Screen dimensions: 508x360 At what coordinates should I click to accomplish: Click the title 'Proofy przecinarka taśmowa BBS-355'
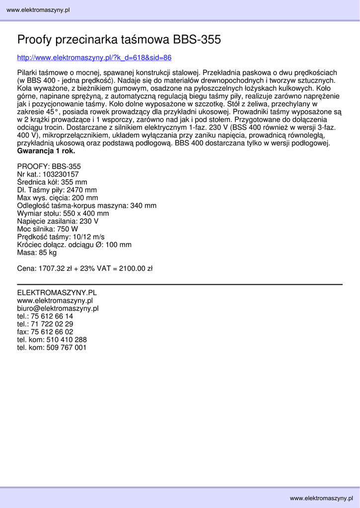[119, 40]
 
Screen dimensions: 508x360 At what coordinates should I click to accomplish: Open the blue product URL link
[94, 58]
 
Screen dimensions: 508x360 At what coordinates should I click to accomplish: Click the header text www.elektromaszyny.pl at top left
[38, 10]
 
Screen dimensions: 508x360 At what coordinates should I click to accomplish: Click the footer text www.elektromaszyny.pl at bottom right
[322, 498]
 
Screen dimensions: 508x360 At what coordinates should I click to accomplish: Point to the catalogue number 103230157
[61, 174]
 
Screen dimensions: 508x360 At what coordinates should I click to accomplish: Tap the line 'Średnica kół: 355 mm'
[52, 182]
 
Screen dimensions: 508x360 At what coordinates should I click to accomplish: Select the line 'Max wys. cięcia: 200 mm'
[58, 198]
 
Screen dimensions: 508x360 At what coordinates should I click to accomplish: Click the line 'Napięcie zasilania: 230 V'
[58, 221]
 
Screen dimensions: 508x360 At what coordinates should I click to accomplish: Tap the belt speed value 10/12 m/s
[88, 237]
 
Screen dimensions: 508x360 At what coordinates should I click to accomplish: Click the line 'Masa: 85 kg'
[37, 253]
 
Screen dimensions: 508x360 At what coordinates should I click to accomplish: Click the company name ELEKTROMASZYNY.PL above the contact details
[57, 293]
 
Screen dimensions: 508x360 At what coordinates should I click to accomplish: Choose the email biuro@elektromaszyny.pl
[58, 308]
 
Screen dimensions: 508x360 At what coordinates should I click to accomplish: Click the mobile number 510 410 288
[67, 340]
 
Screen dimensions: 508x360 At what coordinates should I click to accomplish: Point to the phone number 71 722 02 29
[52, 324]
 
